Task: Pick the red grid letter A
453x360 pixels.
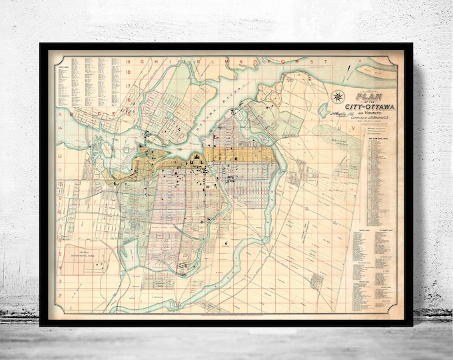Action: (x=61, y=113)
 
